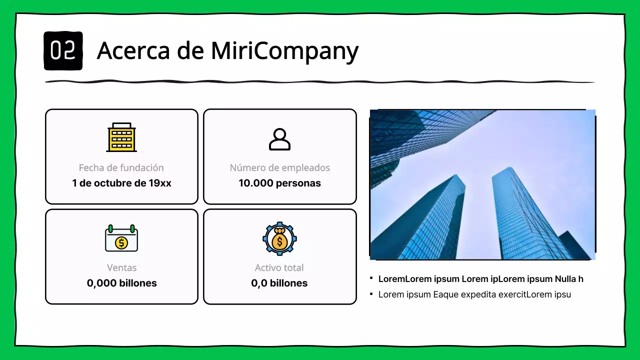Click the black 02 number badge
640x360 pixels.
pos(63,50)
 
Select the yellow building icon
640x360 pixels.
pos(121,137)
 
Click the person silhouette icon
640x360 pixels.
pos(279,139)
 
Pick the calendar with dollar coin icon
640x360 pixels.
pos(121,238)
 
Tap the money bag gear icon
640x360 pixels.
pos(279,239)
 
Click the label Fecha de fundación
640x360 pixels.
pos(121,168)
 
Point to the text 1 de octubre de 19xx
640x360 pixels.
pos(121,183)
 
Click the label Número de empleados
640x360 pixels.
pos(279,168)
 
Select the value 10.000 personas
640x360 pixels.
pos(279,183)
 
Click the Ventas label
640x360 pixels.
pos(121,268)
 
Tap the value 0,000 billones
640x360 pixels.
pos(121,283)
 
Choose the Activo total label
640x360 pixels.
pos(279,268)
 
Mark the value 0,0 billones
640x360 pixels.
pos(279,283)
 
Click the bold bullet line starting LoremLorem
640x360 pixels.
pos(480,279)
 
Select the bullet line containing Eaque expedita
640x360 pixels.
pos(474,294)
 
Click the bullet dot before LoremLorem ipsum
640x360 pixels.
pos(371,278)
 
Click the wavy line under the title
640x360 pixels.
pos(320,81)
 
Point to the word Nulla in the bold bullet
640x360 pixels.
pos(565,279)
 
